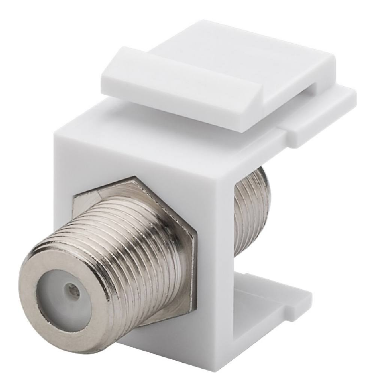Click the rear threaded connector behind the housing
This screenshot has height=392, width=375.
pos(251,210)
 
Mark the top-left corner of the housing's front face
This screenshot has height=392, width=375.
pos(56,130)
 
